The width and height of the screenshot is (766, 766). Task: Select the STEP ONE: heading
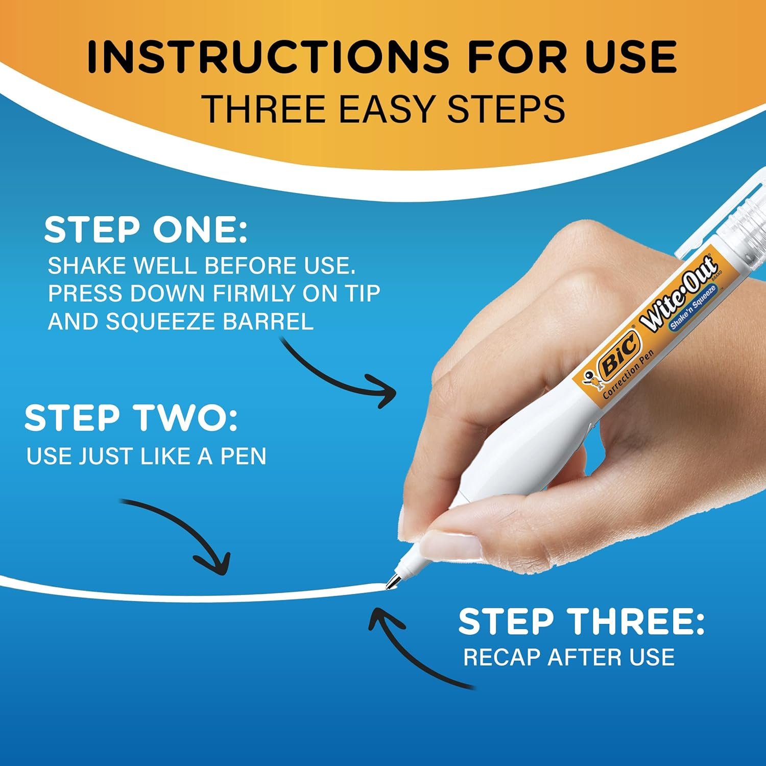pos(146,230)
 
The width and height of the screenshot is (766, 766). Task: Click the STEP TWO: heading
pos(131,418)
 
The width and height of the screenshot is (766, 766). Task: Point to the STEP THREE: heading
pos(581,622)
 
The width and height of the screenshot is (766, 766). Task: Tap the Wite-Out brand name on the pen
pos(679,296)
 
